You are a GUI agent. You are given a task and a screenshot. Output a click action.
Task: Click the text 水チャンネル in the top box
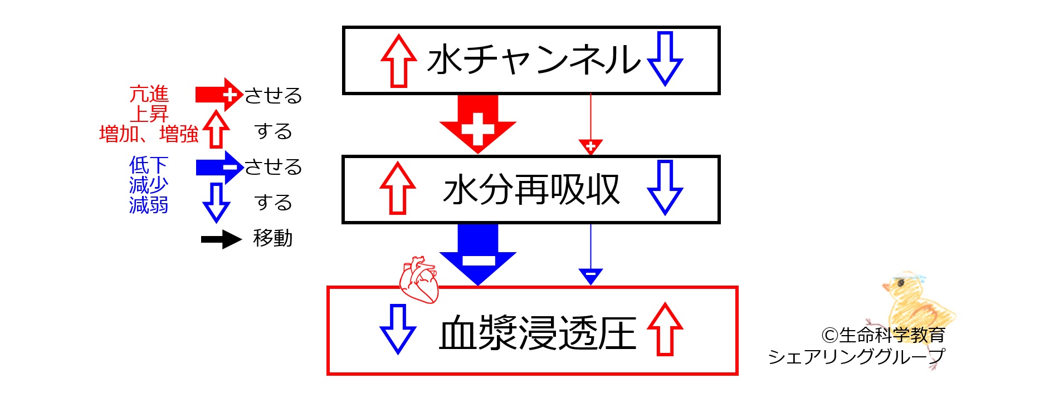534,60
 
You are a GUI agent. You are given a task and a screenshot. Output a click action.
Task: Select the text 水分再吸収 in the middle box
531,190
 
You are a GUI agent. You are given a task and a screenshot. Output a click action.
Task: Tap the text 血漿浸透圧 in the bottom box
538,333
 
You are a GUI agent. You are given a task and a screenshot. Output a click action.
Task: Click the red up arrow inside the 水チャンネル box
399,61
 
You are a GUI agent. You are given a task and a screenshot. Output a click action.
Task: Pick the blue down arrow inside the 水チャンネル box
665,58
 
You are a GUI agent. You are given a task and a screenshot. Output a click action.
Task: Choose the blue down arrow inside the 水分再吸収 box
665,188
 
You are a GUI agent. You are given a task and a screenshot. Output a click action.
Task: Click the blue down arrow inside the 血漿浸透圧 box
398,329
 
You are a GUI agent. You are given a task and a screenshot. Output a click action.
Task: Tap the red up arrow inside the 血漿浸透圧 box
665,329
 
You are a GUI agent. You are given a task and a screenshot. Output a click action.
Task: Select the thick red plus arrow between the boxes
478,124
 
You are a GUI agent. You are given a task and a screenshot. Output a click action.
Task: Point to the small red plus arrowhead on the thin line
590,147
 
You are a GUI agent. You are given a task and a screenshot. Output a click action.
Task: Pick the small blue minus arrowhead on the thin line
590,277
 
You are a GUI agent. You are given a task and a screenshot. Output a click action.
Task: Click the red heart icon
419,279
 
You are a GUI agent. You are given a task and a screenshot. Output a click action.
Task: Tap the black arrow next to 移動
221,239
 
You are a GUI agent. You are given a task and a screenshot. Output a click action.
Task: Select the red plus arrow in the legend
219,95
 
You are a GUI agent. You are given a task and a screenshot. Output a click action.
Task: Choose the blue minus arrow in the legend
219,167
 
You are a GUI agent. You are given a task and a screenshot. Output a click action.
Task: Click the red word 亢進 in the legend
149,94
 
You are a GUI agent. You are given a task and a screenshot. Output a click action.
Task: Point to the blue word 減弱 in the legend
149,205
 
